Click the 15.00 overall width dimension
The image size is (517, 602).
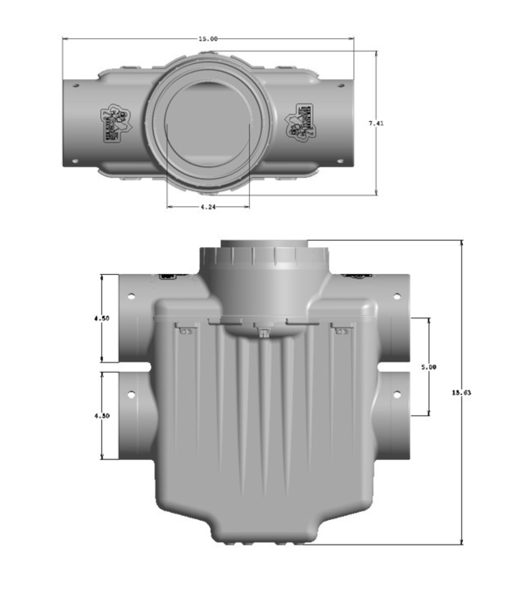click(x=208, y=39)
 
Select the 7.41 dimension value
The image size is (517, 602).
click(x=376, y=123)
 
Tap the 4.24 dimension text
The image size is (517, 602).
click(x=208, y=206)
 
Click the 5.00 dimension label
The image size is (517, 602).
click(x=428, y=367)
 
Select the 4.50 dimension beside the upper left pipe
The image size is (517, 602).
click(x=102, y=318)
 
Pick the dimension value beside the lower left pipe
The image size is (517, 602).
click(x=102, y=416)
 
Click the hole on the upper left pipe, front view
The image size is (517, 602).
click(x=132, y=297)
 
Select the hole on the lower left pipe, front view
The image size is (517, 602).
click(x=132, y=394)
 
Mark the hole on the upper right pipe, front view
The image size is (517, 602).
click(x=397, y=296)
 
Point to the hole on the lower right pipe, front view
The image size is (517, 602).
click(x=397, y=394)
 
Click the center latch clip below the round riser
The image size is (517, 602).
click(x=264, y=333)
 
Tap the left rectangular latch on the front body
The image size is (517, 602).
click(x=186, y=331)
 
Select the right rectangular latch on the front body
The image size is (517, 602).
click(x=342, y=331)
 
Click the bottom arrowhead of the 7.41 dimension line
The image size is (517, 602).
click(x=376, y=193)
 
